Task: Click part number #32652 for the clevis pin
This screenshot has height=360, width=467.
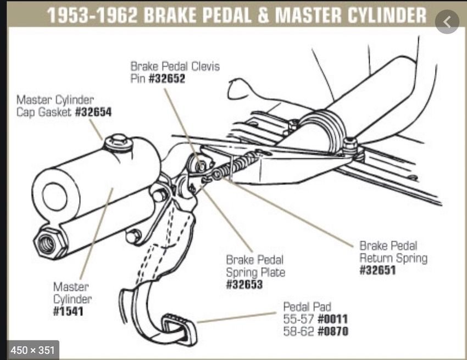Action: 167,78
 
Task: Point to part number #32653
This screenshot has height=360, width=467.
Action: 244,285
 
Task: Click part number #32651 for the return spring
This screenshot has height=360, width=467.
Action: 377,270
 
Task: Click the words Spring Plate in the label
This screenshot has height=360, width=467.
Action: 255,272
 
